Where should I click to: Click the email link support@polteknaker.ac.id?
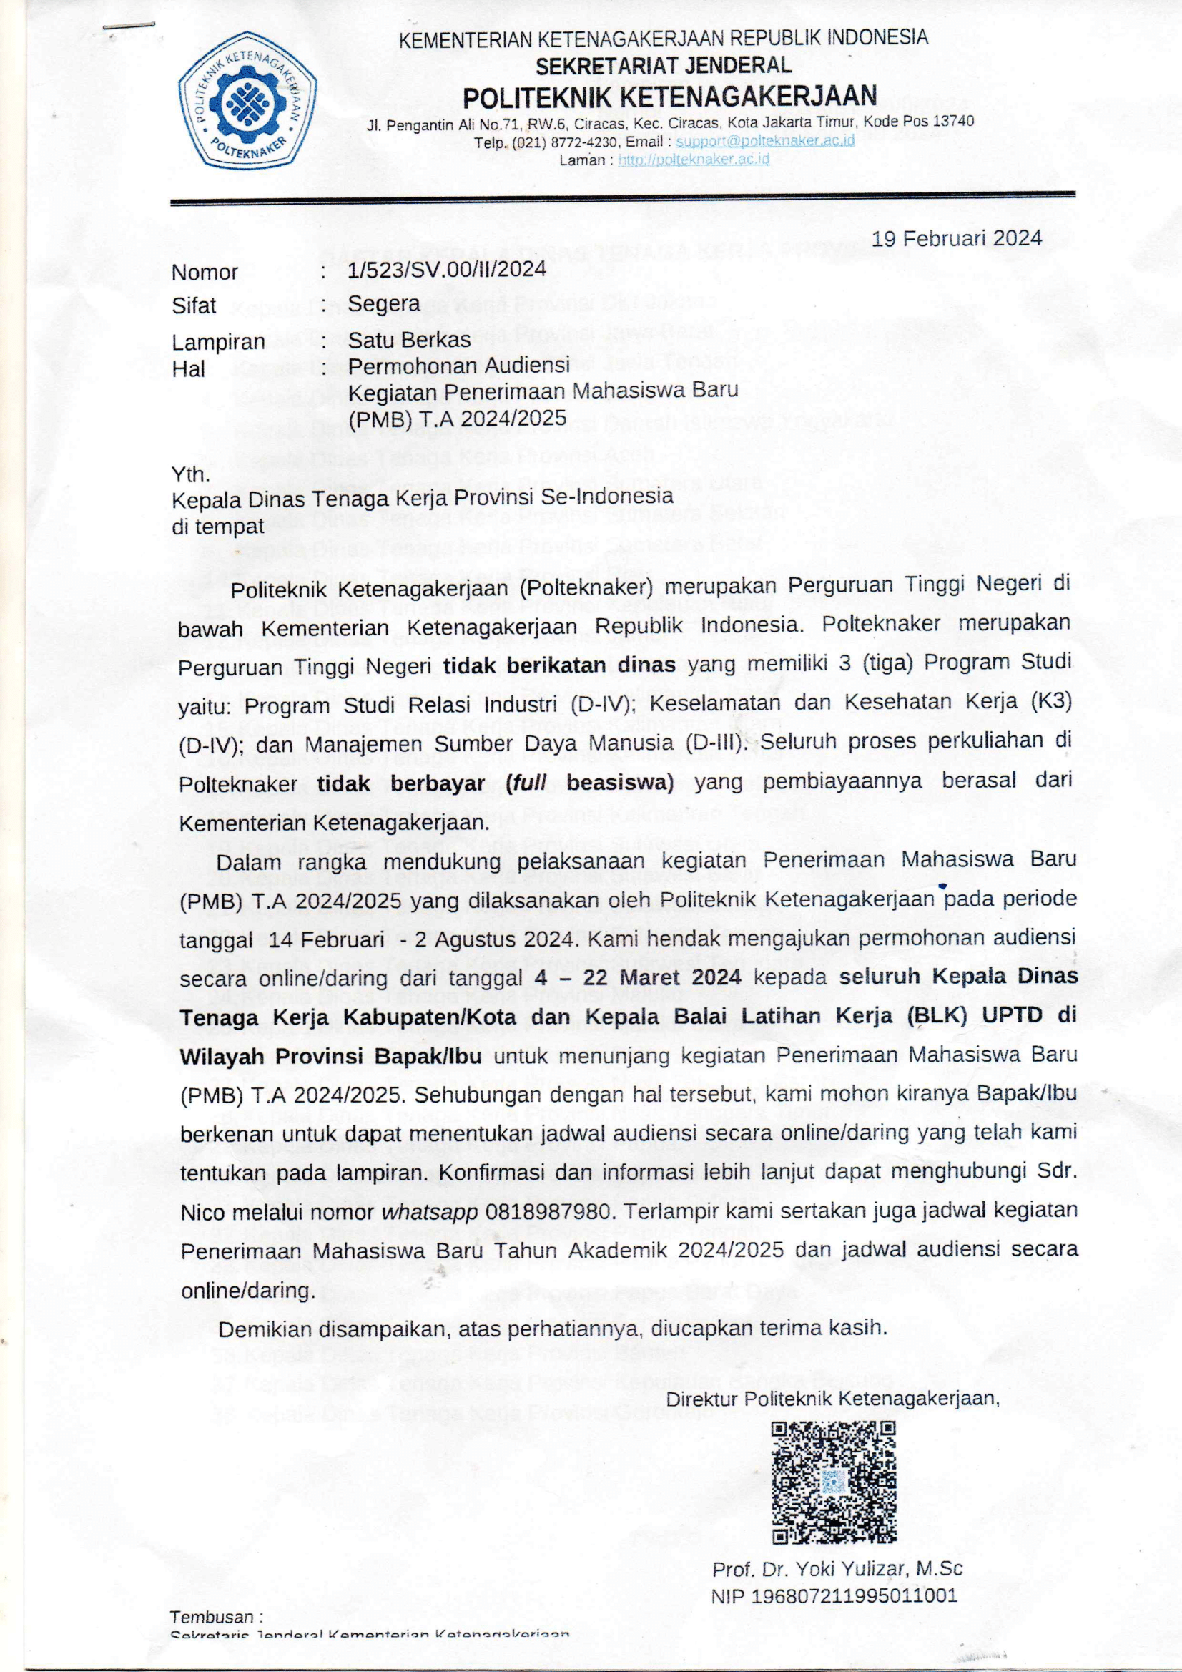tap(765, 140)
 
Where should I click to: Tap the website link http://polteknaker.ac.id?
tap(694, 160)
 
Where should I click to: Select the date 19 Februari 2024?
tap(957, 238)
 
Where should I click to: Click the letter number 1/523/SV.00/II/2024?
tap(447, 270)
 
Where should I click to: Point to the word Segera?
tap(383, 303)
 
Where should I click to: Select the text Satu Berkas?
tap(410, 339)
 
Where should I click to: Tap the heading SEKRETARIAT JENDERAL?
tap(664, 66)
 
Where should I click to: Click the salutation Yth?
tap(191, 475)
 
